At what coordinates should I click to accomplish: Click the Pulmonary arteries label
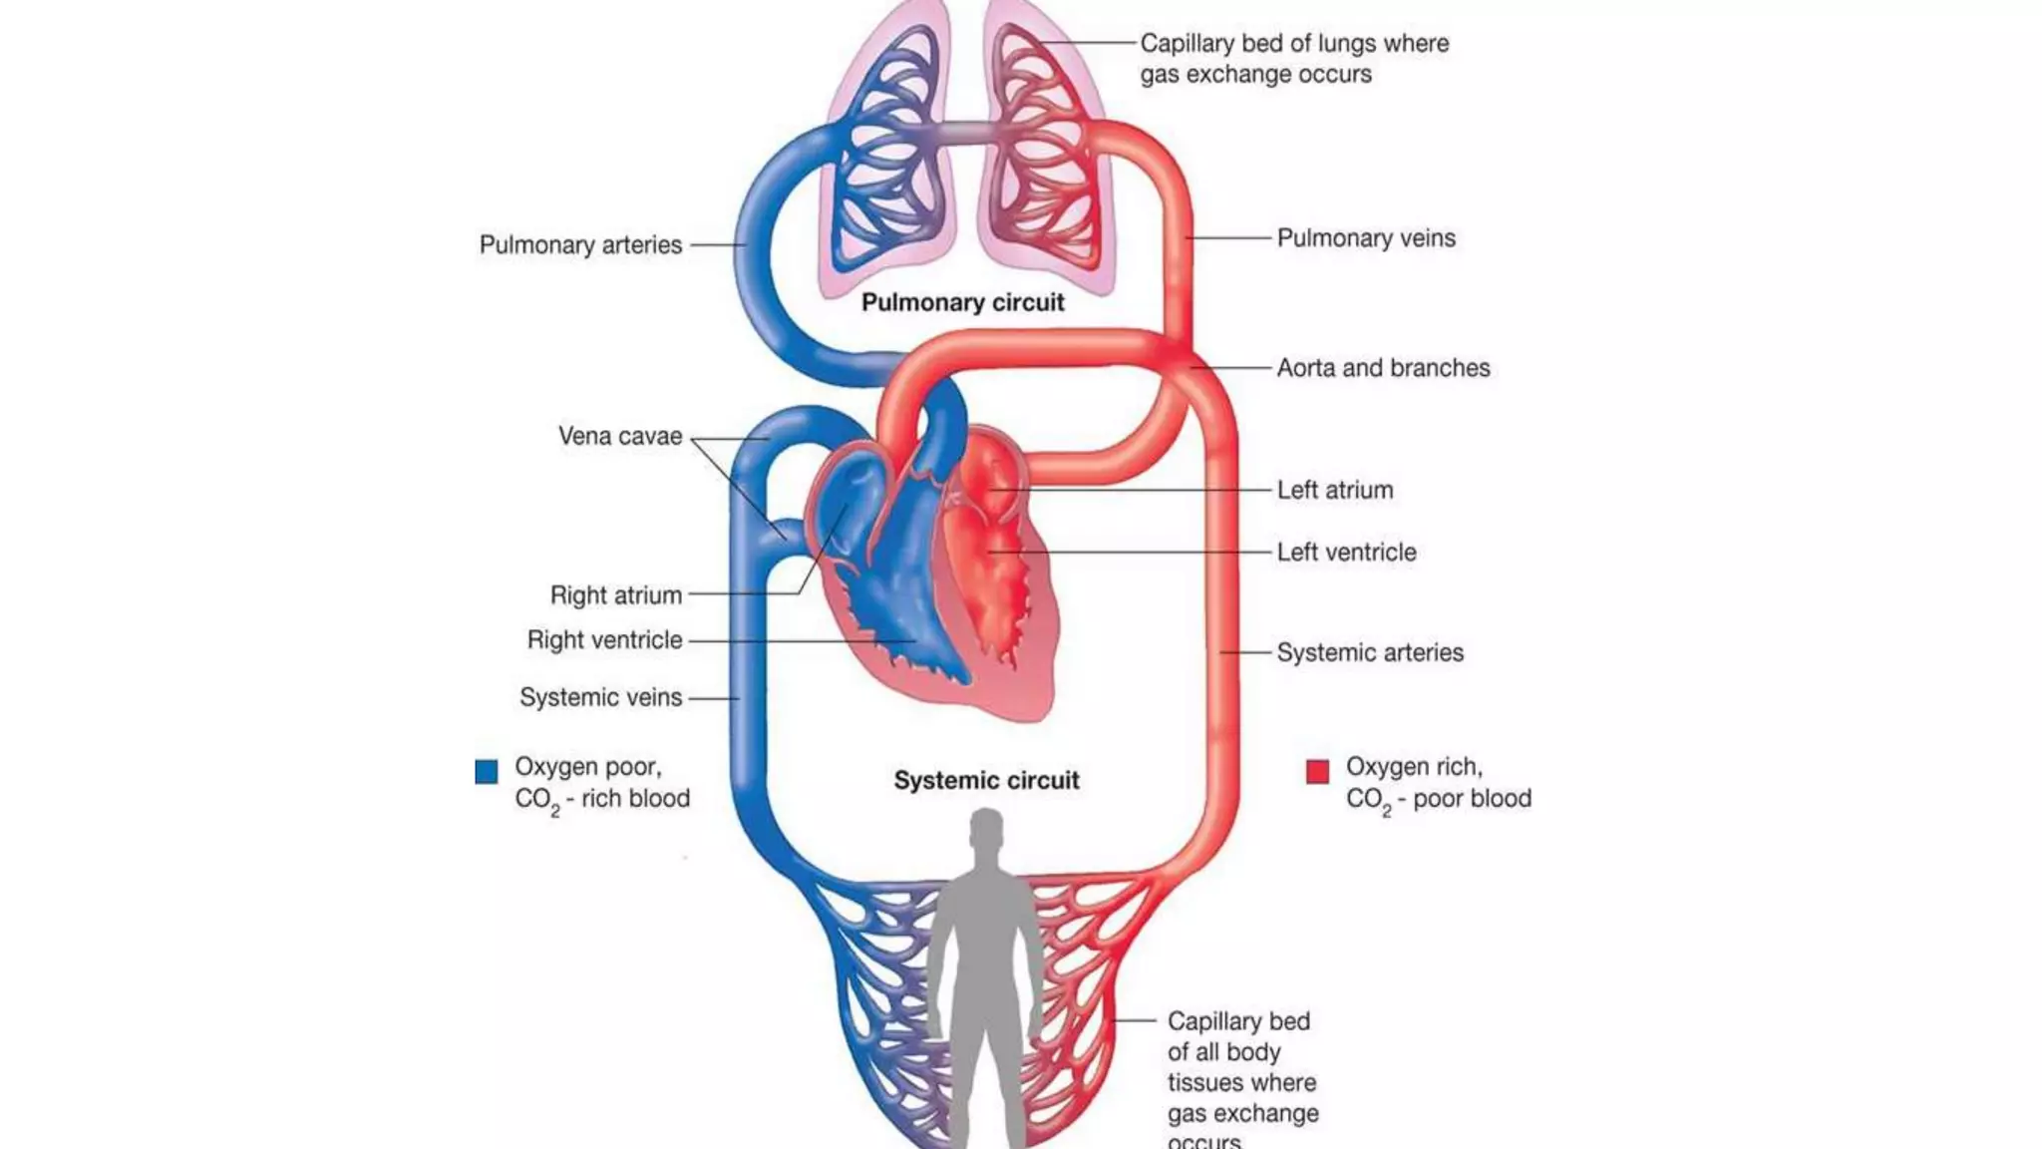pos(580,245)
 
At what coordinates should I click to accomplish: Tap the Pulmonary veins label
pos(1365,238)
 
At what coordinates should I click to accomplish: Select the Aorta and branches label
pos(1383,368)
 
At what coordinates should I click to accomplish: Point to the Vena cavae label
pos(619,437)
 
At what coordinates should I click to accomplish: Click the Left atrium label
pos(1334,491)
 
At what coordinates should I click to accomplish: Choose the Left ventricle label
pos(1346,553)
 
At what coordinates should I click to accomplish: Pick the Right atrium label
pos(615,595)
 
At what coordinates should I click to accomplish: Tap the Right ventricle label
pos(604,640)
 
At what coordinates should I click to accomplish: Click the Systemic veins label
pos(600,698)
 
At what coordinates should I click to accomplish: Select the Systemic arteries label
pos(1369,653)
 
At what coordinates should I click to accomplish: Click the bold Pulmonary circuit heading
pos(962,303)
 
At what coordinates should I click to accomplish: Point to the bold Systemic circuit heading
pos(986,781)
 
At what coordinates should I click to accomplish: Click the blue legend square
pos(487,771)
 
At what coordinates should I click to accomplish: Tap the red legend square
pos(1317,771)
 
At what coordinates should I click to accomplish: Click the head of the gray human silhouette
pos(986,830)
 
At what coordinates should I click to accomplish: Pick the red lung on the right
pos(1042,160)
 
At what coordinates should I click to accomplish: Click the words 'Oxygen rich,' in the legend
pos(1413,767)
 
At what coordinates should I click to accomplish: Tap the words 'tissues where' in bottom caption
pos(1241,1083)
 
